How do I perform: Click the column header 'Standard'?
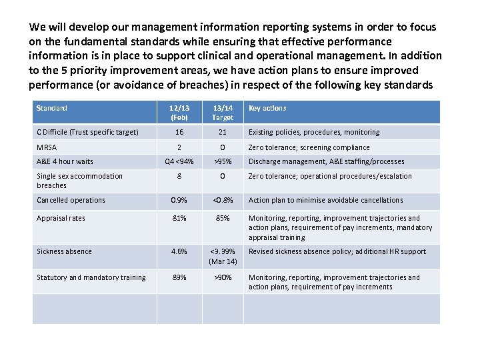(52, 108)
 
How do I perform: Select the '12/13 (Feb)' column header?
(179, 113)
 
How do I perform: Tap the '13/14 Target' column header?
(223, 113)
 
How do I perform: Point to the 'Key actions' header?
(267, 108)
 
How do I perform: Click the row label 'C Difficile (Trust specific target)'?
(87, 132)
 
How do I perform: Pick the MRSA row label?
(47, 147)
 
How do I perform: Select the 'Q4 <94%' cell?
(179, 161)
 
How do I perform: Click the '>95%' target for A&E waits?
(223, 161)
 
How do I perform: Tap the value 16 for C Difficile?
(179, 132)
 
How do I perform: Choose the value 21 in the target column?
(223, 132)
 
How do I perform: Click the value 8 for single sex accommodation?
(179, 176)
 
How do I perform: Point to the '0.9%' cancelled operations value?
(179, 200)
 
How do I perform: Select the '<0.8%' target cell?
(223, 200)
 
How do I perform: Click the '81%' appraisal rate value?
(179, 218)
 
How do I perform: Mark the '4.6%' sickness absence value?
(179, 251)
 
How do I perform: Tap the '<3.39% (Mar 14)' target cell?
(223, 256)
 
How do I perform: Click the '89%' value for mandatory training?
(179, 277)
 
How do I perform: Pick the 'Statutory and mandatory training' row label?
(91, 277)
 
